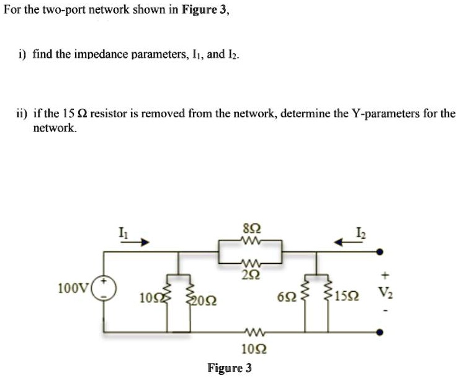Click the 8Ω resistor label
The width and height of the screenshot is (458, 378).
251,227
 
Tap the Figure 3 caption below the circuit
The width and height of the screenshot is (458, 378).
230,367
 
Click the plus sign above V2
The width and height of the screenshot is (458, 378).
385,272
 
